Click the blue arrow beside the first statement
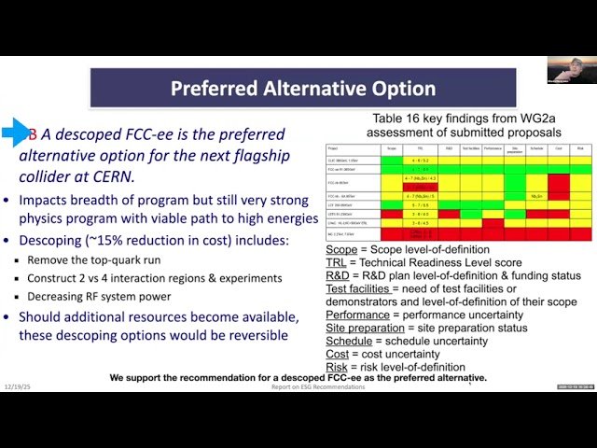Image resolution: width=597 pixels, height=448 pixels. tap(16, 133)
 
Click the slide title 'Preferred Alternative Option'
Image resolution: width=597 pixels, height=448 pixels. tap(303, 90)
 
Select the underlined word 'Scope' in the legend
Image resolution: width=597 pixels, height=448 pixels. tap(343, 250)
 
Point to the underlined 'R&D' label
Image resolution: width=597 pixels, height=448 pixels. tap(340, 276)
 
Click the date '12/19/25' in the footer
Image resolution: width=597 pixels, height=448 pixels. tap(17, 386)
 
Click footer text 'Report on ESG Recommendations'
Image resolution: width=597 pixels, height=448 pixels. tap(318, 386)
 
